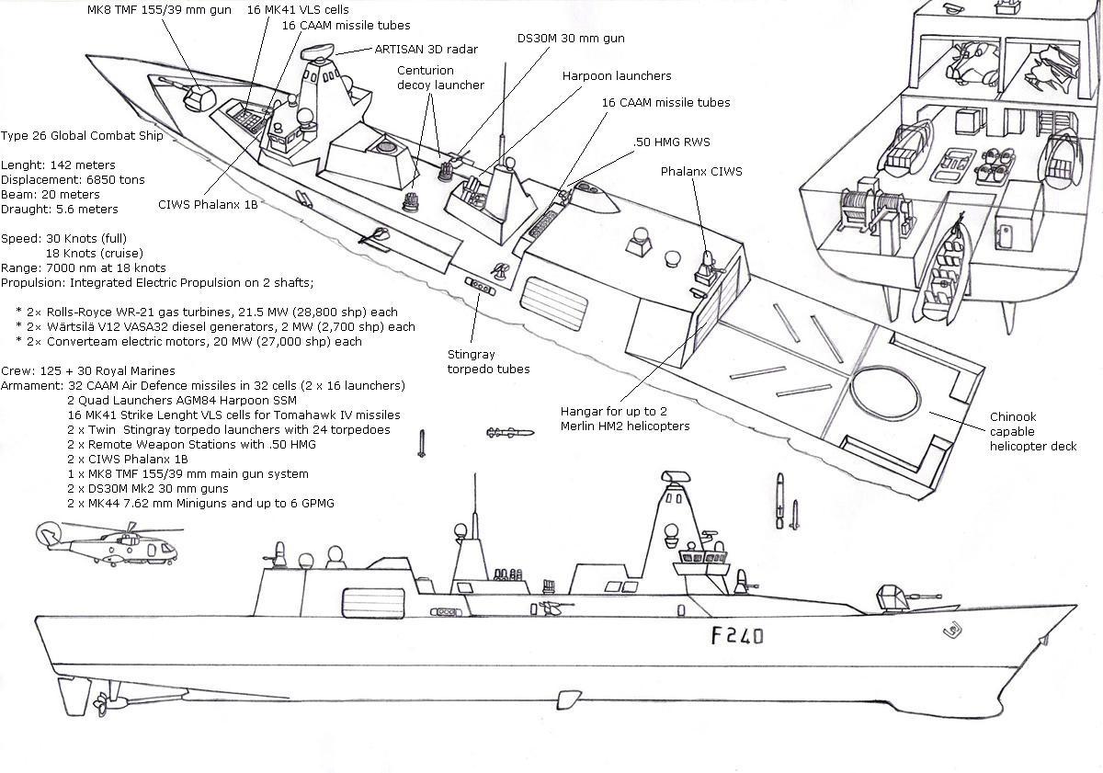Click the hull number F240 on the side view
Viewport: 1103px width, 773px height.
(x=736, y=635)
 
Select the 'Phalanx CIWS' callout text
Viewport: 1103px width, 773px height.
(x=700, y=172)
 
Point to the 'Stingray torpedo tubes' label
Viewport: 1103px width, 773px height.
(x=488, y=361)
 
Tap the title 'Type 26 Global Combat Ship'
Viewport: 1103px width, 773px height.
(x=83, y=136)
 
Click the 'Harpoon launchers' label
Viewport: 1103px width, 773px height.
(x=617, y=75)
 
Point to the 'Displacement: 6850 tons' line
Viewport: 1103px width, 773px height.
(x=74, y=179)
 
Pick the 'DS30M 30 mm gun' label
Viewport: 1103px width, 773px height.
(x=570, y=39)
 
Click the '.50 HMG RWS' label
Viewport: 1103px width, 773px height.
(x=672, y=142)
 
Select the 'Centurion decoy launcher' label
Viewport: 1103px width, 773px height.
(x=440, y=78)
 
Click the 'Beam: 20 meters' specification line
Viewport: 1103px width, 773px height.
(x=51, y=194)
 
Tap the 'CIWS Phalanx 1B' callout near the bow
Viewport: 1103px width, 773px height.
(x=208, y=204)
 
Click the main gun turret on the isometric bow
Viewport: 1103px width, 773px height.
(x=197, y=97)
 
